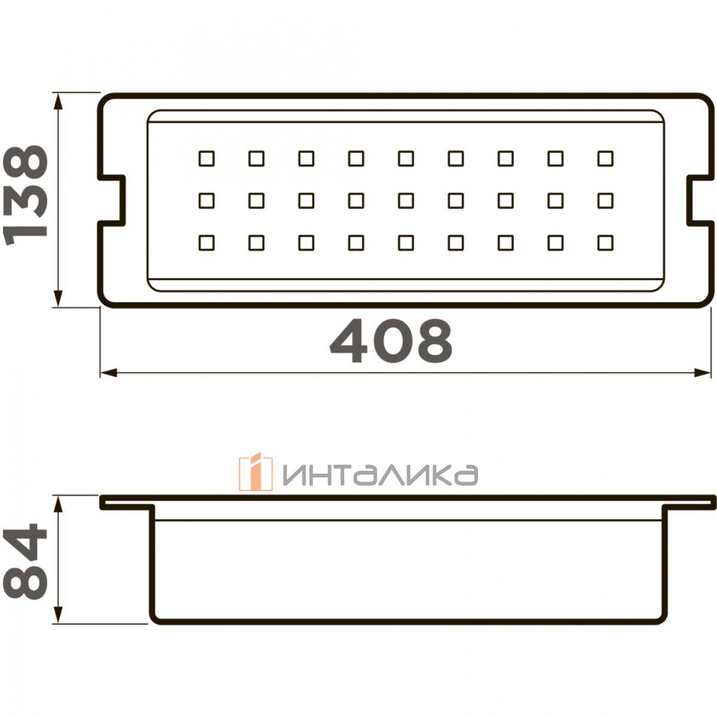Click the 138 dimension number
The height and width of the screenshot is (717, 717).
pyautogui.click(x=25, y=196)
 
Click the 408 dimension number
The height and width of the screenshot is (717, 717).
pyautogui.click(x=391, y=341)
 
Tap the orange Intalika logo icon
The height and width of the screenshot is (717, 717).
pyautogui.click(x=256, y=472)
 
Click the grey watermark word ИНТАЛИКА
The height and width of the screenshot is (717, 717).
pyautogui.click(x=380, y=475)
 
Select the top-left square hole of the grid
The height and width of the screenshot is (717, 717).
pyautogui.click(x=207, y=158)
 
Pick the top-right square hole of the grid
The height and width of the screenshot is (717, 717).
pyautogui.click(x=605, y=158)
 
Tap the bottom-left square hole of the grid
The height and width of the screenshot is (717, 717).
pyautogui.click(x=207, y=243)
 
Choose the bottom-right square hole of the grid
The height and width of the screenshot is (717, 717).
pyautogui.click(x=605, y=243)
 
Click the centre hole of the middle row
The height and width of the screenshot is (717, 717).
pyautogui.click(x=406, y=201)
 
